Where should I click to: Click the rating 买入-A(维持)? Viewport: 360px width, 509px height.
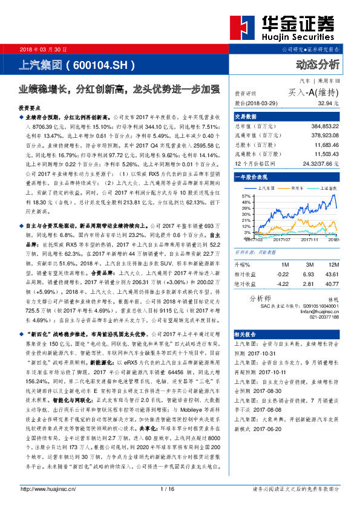click(314, 92)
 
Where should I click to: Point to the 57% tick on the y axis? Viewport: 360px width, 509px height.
click(246, 197)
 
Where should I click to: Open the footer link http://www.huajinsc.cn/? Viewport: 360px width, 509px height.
click(49, 489)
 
